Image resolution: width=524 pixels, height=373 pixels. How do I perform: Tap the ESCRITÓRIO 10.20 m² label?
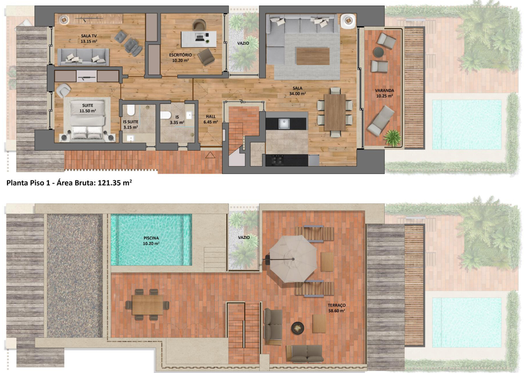[180, 58]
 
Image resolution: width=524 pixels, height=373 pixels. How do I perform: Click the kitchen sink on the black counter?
[284, 124]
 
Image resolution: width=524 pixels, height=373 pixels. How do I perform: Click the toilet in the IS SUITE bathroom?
[131, 110]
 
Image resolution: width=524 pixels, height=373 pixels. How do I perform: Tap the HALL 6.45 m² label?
[211, 119]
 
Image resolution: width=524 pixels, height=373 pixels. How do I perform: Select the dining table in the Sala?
[335, 112]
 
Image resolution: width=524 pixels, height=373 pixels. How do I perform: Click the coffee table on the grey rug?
[313, 56]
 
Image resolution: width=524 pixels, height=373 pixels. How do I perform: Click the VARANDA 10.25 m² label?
[384, 93]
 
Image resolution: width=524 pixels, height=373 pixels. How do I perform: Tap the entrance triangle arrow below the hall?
[210, 155]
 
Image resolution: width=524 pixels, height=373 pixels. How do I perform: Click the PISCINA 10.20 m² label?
[151, 240]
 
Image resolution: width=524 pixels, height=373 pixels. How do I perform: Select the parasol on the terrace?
[293, 259]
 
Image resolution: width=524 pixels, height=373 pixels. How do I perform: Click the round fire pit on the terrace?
[297, 328]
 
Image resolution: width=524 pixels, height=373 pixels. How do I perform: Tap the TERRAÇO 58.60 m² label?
[337, 308]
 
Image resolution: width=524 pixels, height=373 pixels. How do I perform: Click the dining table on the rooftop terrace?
[147, 305]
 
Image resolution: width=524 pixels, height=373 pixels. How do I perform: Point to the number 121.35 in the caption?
[109, 183]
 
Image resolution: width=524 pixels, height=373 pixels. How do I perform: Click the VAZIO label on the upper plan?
[243, 43]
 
